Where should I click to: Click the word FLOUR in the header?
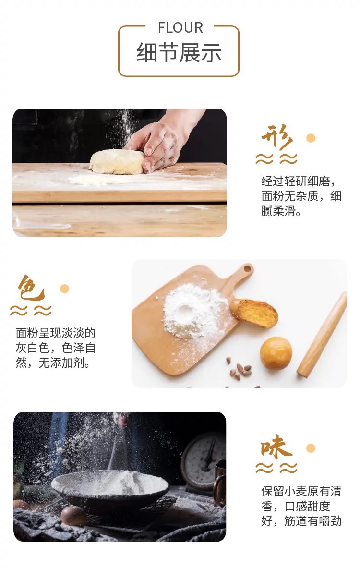pyautogui.click(x=180, y=28)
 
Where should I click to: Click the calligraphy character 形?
pyautogui.click(x=276, y=138)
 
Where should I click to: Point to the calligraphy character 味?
pyautogui.click(x=276, y=448)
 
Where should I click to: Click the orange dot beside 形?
pyautogui.click(x=311, y=138)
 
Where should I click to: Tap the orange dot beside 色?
pyautogui.click(x=64, y=289)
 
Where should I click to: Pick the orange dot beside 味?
pyautogui.click(x=311, y=448)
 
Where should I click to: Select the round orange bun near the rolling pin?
pyautogui.click(x=276, y=353)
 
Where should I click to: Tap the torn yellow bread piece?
pyautogui.click(x=255, y=312)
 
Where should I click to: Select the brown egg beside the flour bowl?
pyautogui.click(x=74, y=516)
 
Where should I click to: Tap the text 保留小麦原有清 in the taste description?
pyautogui.click(x=301, y=491)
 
